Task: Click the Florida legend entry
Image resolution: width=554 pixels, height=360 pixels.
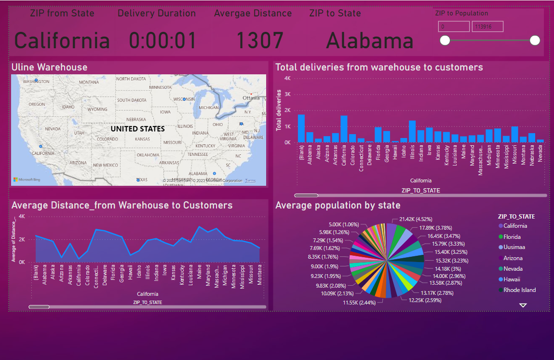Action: coord(512,237)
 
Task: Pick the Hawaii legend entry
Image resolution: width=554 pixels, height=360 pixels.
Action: coord(511,279)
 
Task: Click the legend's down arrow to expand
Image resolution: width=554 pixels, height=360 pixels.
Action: coord(523,305)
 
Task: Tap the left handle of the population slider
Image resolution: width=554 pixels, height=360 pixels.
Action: coord(445,40)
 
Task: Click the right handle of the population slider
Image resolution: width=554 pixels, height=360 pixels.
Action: coord(535,40)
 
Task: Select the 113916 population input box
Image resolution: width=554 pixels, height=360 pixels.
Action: coord(487,27)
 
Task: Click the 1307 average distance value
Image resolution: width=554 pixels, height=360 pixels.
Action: coord(259,41)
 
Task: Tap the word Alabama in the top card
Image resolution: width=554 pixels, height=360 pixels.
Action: coord(369,41)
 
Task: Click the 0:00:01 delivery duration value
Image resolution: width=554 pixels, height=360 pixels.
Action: coord(163,41)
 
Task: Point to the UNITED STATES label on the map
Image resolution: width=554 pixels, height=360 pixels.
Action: coord(137,129)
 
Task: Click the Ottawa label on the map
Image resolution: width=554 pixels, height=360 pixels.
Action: coord(251,98)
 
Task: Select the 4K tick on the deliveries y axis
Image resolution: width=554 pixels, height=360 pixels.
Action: coord(287,78)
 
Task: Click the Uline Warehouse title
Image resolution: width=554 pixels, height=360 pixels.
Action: coord(49,67)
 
